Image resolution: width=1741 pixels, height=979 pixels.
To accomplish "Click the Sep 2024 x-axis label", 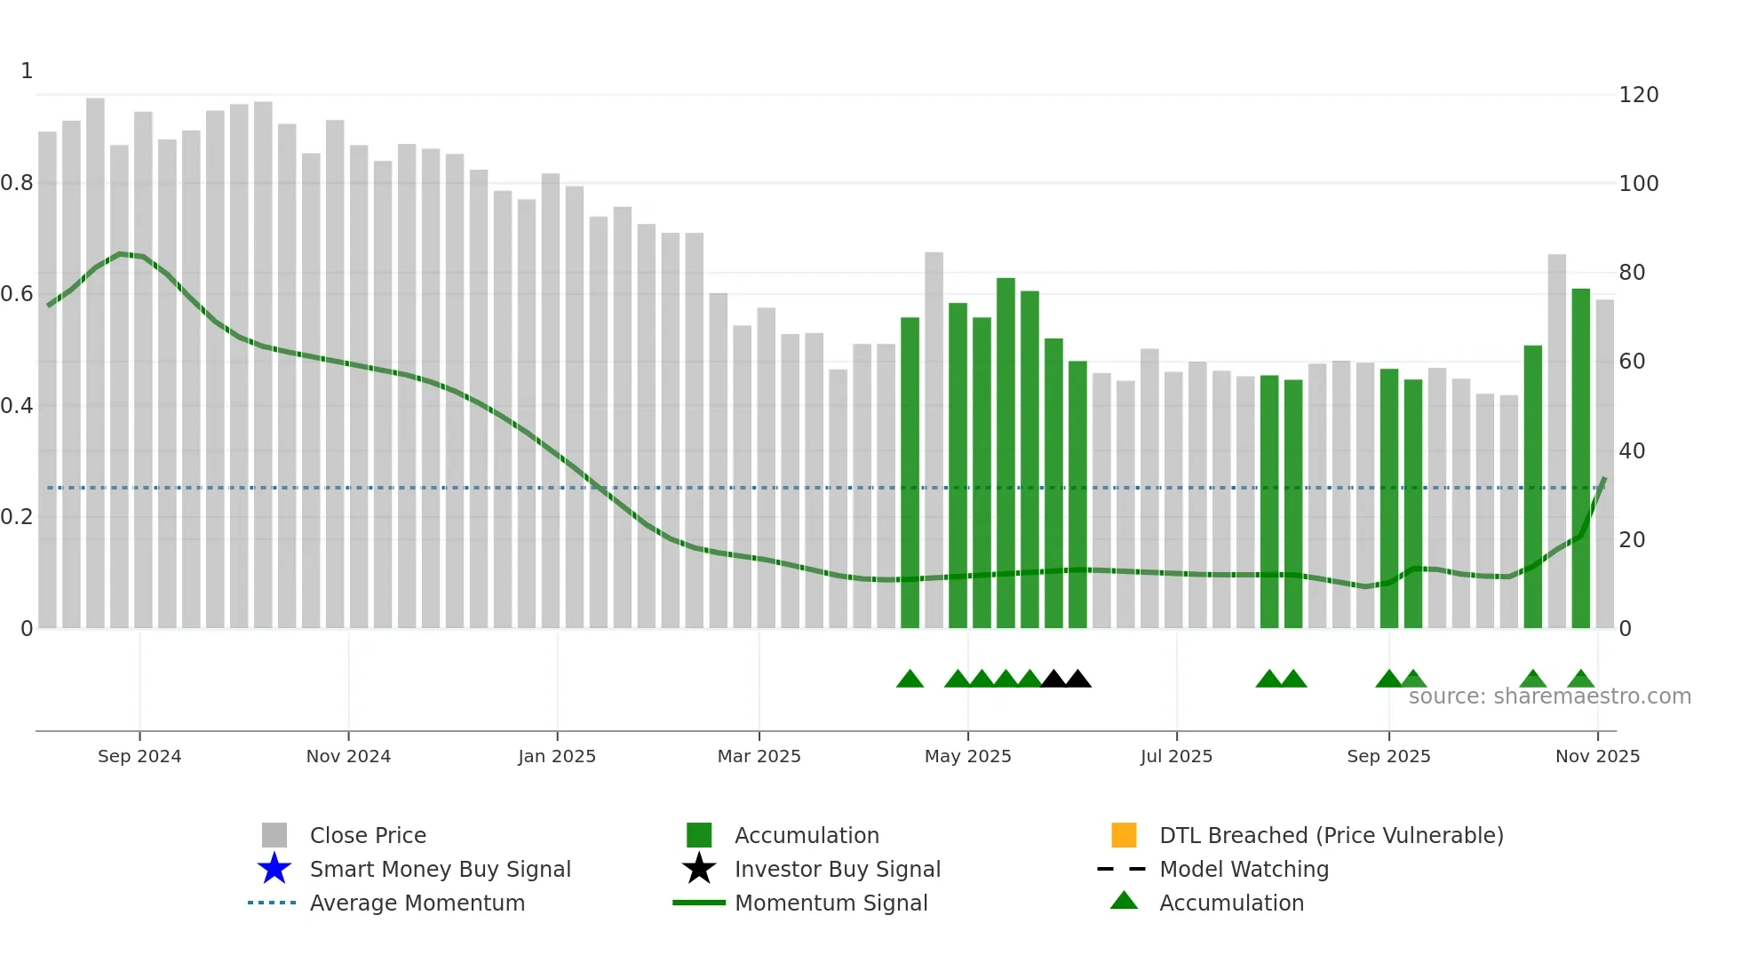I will tap(139, 756).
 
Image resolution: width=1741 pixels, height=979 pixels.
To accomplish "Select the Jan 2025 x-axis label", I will tap(557, 756).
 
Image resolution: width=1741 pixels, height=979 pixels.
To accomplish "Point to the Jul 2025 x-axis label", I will tap(1176, 756).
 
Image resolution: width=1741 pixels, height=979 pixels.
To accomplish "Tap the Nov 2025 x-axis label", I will tap(1597, 756).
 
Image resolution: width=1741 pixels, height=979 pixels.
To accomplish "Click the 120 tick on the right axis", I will tap(1638, 95).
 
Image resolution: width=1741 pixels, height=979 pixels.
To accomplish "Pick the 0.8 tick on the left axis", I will tap(18, 183).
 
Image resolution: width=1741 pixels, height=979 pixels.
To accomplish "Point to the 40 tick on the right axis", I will tap(1632, 451).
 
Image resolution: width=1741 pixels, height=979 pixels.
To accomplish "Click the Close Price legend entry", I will tap(368, 835).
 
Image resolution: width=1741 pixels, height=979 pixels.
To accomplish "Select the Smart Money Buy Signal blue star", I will tap(274, 869).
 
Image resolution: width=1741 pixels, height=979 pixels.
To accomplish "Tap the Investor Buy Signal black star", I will tap(699, 869).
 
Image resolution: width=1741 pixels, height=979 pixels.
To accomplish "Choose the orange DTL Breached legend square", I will tap(1124, 835).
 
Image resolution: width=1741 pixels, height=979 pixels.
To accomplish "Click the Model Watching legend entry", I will tap(1244, 869).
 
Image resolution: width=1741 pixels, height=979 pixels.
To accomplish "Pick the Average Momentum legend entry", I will tap(417, 903).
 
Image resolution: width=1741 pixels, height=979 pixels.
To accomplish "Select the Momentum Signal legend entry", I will tap(831, 903).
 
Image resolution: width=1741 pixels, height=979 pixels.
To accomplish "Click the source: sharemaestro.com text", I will tap(1549, 696).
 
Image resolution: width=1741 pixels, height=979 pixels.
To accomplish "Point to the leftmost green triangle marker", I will tap(910, 680).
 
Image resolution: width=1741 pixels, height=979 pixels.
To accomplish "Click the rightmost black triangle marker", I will tap(1077, 680).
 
